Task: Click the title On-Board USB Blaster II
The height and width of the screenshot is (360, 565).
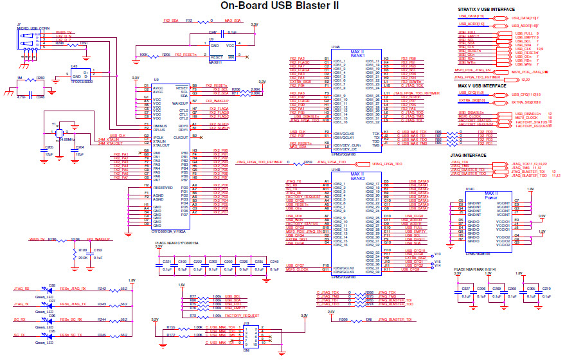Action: (x=280, y=6)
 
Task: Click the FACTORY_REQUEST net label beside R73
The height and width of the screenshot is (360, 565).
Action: (x=242, y=316)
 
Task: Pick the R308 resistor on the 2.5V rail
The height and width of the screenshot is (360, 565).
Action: (x=344, y=318)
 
